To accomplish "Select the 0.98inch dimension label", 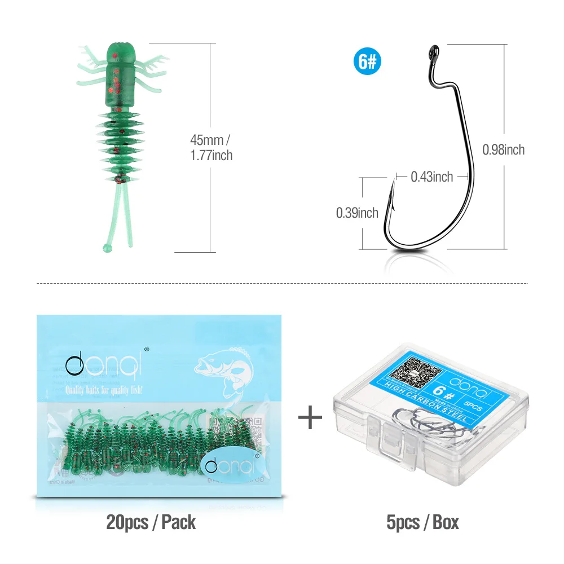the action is tap(504, 149).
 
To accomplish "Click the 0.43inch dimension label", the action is tap(431, 177).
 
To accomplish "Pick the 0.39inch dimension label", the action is tap(357, 213).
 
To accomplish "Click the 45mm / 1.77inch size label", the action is tap(211, 148).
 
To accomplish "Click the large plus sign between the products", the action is tap(310, 417).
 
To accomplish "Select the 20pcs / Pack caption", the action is tap(151, 522).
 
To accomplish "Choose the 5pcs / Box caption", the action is tap(422, 522).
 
